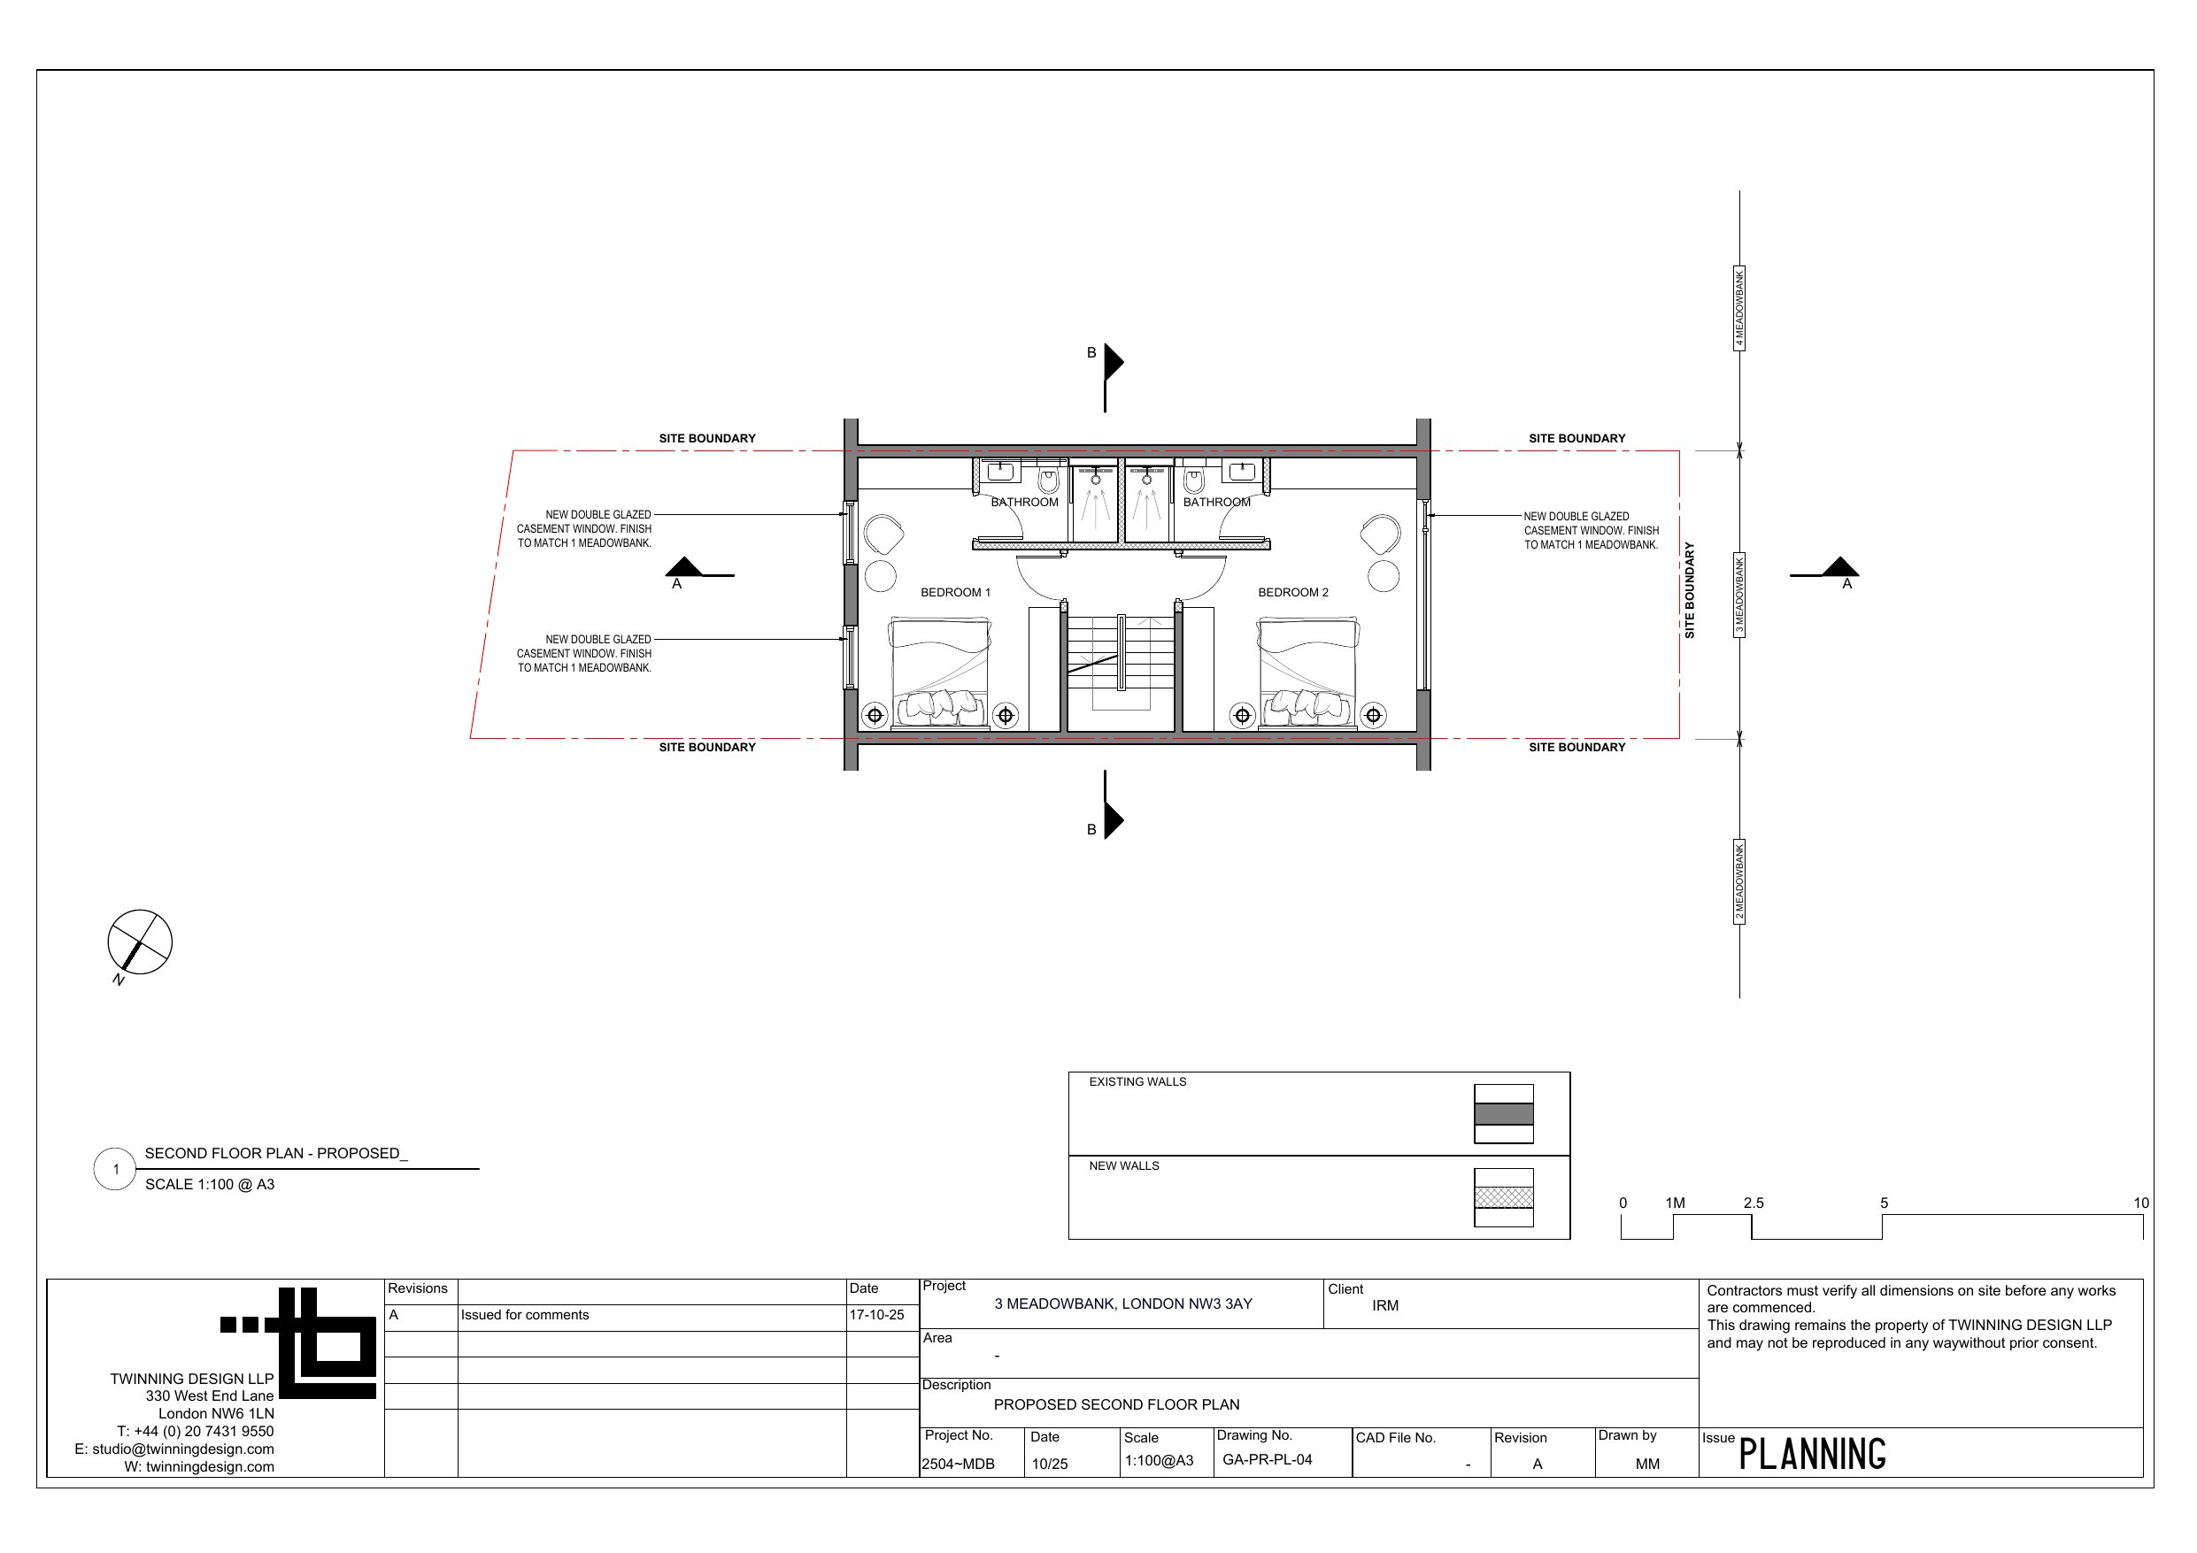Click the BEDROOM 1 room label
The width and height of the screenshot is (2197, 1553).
pyautogui.click(x=955, y=592)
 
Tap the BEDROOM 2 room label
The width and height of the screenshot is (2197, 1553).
pyautogui.click(x=1292, y=592)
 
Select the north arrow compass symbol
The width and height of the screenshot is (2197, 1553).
pyautogui.click(x=140, y=942)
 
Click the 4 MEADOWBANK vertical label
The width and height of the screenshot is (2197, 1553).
pyautogui.click(x=1739, y=308)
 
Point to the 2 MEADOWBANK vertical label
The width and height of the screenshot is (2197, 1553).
pyautogui.click(x=1739, y=881)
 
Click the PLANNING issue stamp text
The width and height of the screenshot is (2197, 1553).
pyautogui.click(x=1812, y=1455)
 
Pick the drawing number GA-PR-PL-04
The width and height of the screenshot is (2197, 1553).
pyautogui.click(x=1267, y=1460)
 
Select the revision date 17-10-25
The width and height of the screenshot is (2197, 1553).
pyautogui.click(x=876, y=1316)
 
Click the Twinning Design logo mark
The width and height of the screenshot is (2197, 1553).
pyautogui.click(x=298, y=1343)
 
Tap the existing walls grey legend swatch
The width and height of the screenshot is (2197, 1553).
pyautogui.click(x=1503, y=1114)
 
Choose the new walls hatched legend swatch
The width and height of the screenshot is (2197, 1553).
pyautogui.click(x=1503, y=1197)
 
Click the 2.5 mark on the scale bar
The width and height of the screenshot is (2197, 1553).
pyautogui.click(x=1753, y=1203)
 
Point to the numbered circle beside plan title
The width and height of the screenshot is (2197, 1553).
pyautogui.click(x=115, y=1169)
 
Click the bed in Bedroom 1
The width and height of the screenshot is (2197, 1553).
pyautogui.click(x=941, y=673)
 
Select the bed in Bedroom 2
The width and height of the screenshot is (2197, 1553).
pyautogui.click(x=1308, y=673)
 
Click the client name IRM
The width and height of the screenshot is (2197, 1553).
pyautogui.click(x=1384, y=1306)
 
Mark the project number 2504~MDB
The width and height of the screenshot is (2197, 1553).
pyautogui.click(x=958, y=1464)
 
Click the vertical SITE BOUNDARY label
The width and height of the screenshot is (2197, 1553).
pyautogui.click(x=1690, y=590)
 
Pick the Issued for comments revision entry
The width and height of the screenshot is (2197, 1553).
pyautogui.click(x=524, y=1316)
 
